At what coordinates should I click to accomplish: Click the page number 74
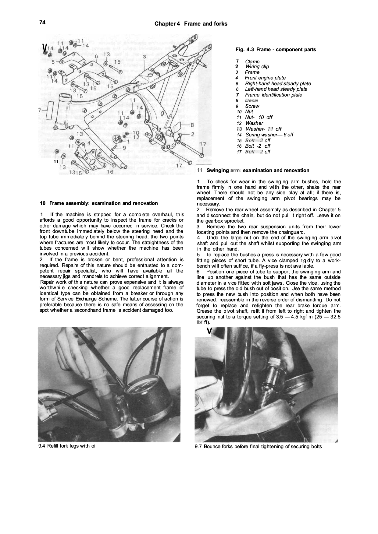42,23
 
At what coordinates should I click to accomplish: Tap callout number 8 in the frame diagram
192,125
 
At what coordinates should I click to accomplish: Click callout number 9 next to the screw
124,147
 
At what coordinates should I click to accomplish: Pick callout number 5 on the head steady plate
53,62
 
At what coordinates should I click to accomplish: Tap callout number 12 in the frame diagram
136,138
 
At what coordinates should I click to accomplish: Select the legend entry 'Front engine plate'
265,78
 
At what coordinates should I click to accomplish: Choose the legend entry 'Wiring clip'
257,67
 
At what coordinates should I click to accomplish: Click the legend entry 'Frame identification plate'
273,95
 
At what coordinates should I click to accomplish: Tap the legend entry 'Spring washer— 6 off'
269,135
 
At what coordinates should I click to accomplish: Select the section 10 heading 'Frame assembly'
103,203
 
